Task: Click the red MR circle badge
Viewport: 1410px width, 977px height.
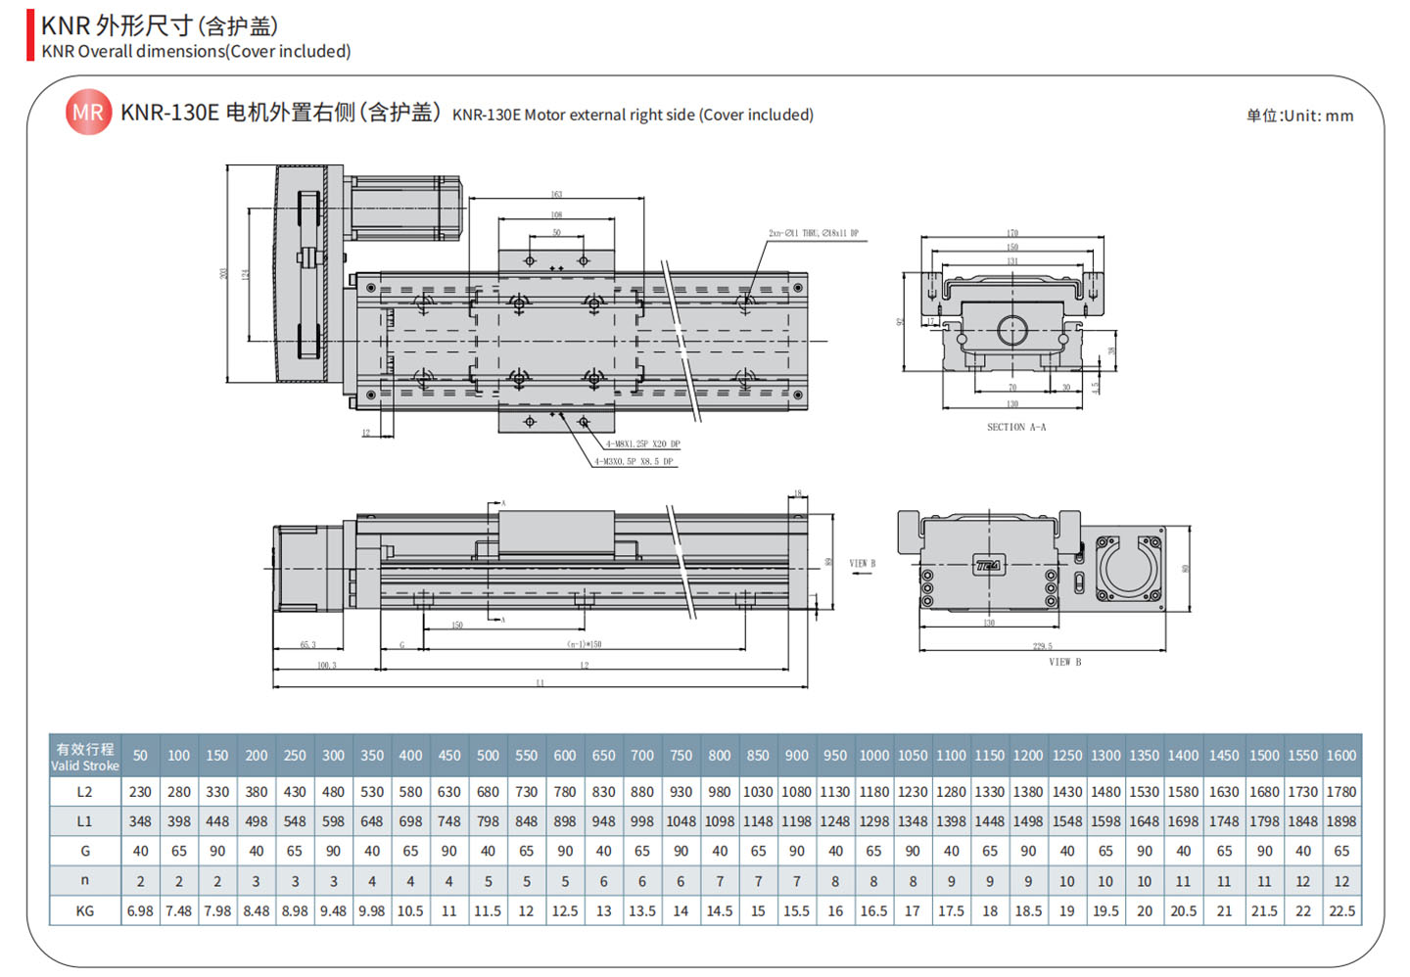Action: coord(88,113)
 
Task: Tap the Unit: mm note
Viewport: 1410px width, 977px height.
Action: coord(1299,116)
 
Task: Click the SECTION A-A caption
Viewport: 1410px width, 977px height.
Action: coord(1015,427)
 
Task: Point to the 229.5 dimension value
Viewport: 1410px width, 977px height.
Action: coord(1042,646)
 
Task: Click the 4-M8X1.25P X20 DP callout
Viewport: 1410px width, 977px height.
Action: coord(642,444)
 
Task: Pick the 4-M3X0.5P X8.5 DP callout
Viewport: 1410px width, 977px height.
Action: coord(634,461)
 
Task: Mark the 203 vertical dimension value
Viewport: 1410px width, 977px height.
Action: coord(224,273)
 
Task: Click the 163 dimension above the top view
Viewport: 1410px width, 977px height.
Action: coord(556,195)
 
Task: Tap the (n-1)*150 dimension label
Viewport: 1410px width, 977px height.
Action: coord(584,644)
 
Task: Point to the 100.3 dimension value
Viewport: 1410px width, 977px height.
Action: coord(326,666)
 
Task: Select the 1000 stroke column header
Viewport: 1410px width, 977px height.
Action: coord(873,756)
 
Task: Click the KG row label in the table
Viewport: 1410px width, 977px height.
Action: coord(85,910)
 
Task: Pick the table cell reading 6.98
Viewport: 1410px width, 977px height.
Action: coord(140,910)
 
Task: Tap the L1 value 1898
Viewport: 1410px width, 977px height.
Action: coord(1341,821)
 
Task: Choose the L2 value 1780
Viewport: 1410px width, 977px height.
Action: coord(1341,791)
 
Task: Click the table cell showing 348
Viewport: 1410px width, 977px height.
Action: coord(140,821)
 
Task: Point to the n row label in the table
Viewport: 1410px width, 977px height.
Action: coord(85,881)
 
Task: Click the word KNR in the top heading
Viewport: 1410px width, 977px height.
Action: coord(66,25)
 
